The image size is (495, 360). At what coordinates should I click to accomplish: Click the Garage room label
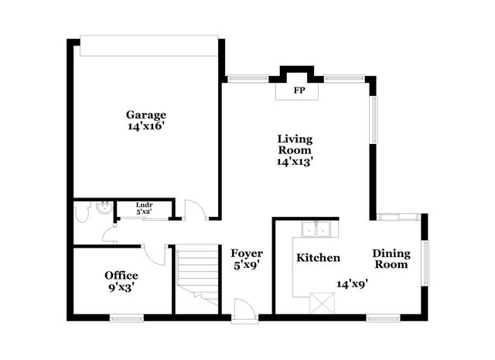[x=146, y=115]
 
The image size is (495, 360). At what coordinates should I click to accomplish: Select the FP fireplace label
[x=298, y=91]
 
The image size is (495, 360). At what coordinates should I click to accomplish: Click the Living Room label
[x=295, y=145]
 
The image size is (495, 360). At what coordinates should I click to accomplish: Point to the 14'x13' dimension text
[x=295, y=162]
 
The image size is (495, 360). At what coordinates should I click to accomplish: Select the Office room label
[x=121, y=276]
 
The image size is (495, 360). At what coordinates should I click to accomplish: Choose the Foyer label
[x=247, y=253]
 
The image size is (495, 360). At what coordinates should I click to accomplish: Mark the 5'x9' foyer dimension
[x=247, y=266]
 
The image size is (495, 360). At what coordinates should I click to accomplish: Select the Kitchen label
[x=318, y=258]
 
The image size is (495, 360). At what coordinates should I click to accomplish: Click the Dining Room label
[x=391, y=259]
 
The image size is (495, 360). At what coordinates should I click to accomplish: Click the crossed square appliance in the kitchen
[x=319, y=301]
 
